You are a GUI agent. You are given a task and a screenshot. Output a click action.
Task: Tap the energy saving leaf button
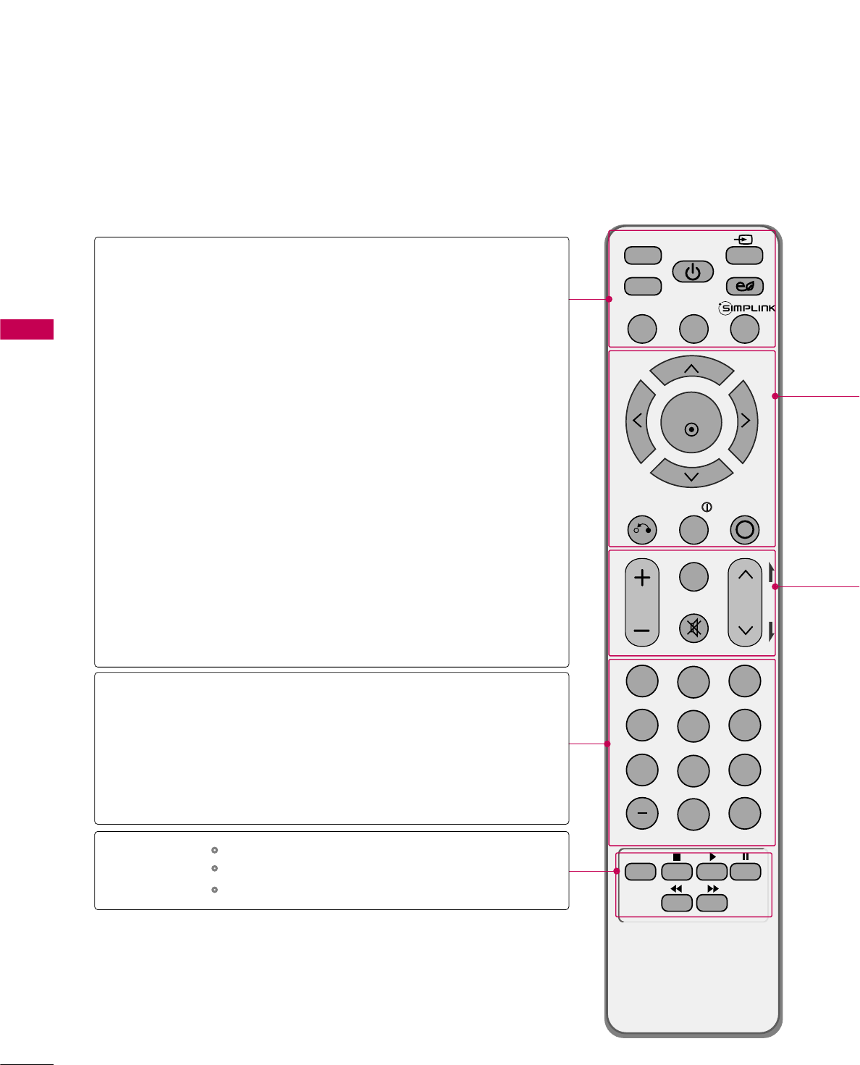point(744,287)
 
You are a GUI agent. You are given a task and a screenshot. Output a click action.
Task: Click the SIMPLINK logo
point(746,308)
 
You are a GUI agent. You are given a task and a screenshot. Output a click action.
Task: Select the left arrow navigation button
point(638,421)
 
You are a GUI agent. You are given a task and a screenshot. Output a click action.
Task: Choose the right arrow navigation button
point(745,421)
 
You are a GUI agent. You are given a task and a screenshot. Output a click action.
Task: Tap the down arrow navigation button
point(691,476)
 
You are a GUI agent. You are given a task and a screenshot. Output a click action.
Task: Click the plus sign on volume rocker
point(642,578)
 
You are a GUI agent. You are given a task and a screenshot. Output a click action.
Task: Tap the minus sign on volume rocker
point(642,631)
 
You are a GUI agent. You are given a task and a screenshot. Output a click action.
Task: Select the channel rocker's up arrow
point(745,576)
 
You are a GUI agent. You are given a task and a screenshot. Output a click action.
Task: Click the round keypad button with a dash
point(642,814)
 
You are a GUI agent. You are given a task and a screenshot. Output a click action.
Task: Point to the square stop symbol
point(677,857)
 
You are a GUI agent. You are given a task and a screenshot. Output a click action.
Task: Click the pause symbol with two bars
point(745,857)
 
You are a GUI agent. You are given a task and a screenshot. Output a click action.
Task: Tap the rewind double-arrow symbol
point(676,888)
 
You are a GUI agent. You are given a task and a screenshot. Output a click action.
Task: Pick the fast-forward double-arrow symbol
point(712,888)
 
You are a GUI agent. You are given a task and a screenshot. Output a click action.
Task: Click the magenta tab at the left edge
point(27,329)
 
